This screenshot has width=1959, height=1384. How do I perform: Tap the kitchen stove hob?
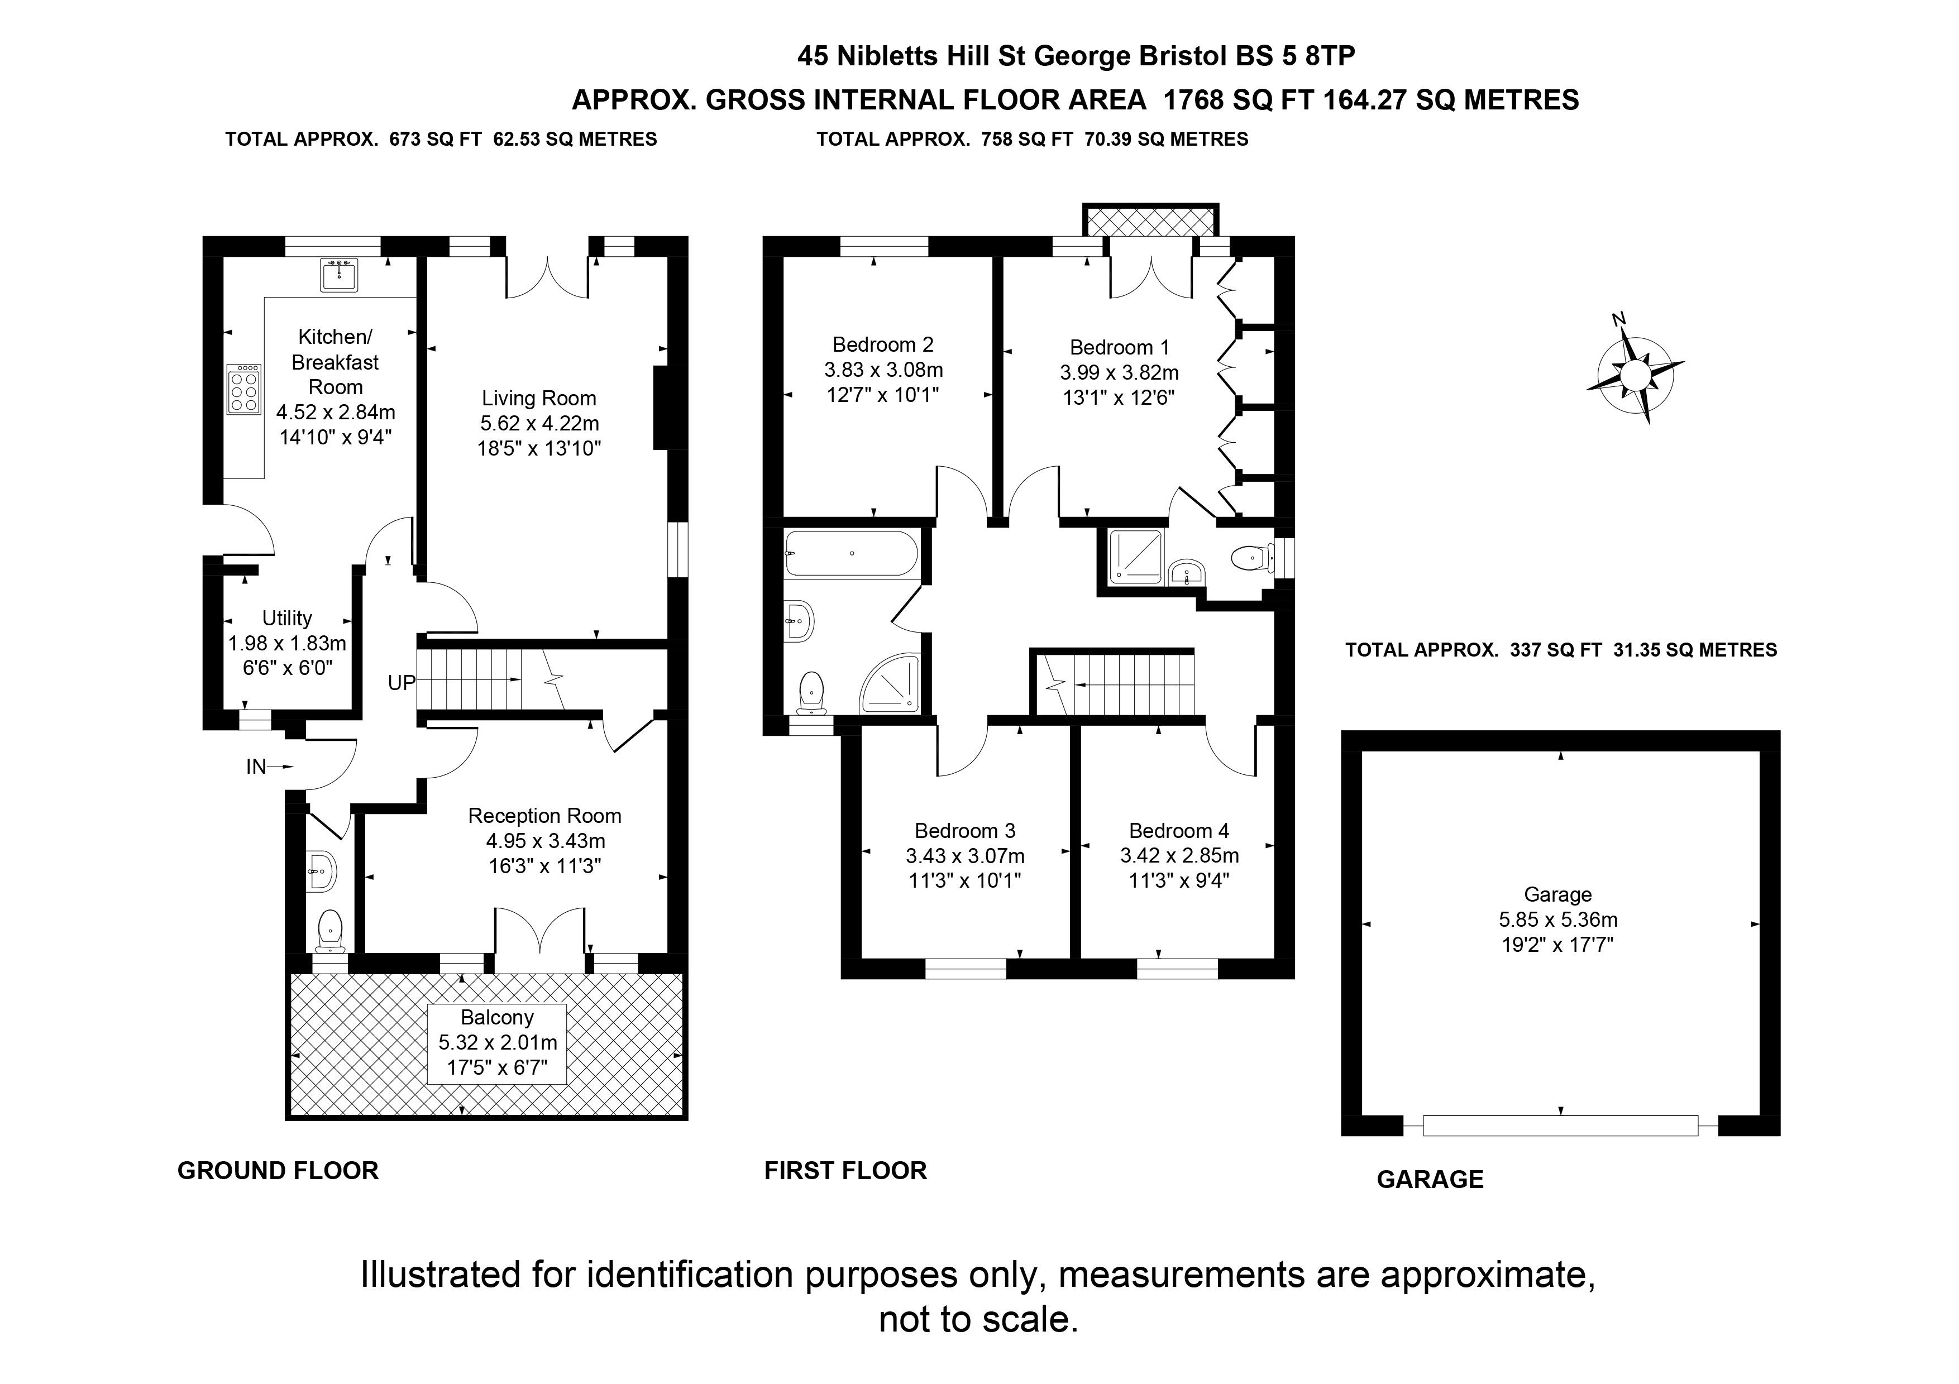(x=244, y=390)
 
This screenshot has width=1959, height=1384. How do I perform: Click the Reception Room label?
(x=544, y=816)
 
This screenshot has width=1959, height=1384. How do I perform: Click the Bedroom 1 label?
(x=1120, y=348)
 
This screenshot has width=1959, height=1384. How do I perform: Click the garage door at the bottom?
(x=1560, y=1126)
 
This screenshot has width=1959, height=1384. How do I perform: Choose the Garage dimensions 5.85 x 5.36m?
(x=1558, y=920)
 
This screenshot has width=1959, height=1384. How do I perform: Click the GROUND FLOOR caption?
(x=278, y=1171)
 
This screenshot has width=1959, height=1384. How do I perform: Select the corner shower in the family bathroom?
(x=892, y=683)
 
